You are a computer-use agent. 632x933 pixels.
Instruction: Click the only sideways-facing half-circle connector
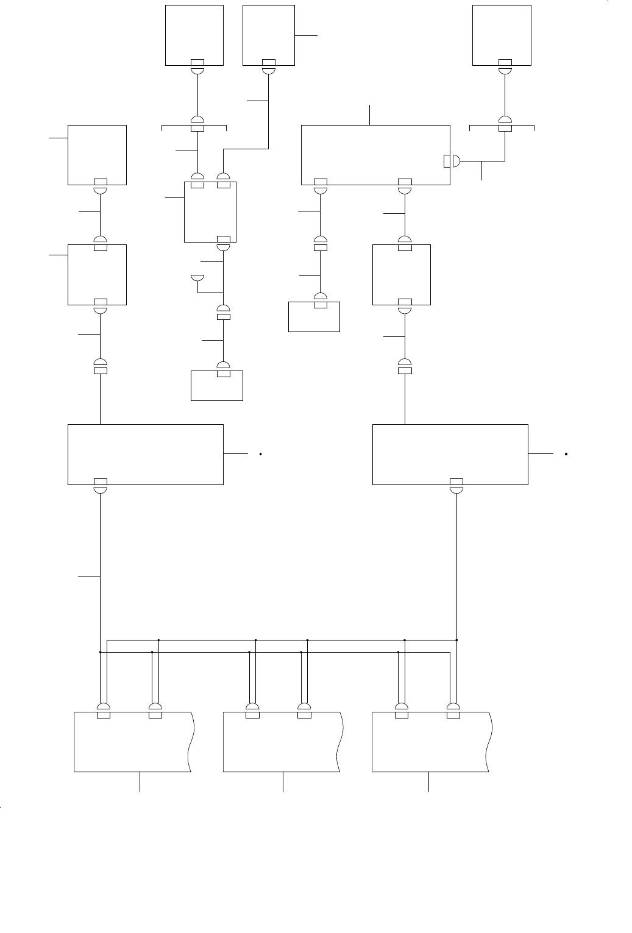(455, 161)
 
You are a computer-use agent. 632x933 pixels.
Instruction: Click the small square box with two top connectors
(210, 211)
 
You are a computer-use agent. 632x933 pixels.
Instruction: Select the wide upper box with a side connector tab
(375, 155)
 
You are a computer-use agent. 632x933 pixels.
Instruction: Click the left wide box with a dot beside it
(145, 454)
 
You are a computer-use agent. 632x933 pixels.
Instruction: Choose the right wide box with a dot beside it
(450, 454)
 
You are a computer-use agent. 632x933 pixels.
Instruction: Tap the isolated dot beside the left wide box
(260, 454)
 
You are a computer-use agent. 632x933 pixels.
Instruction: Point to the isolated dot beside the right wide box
(566, 454)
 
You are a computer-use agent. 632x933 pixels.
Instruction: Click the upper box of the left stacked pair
(97, 155)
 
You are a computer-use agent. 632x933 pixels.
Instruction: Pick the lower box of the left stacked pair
(97, 274)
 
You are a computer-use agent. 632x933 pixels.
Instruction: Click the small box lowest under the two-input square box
(217, 386)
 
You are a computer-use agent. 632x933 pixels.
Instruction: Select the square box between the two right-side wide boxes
(401, 274)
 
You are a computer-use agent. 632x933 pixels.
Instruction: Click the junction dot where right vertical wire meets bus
(456, 640)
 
